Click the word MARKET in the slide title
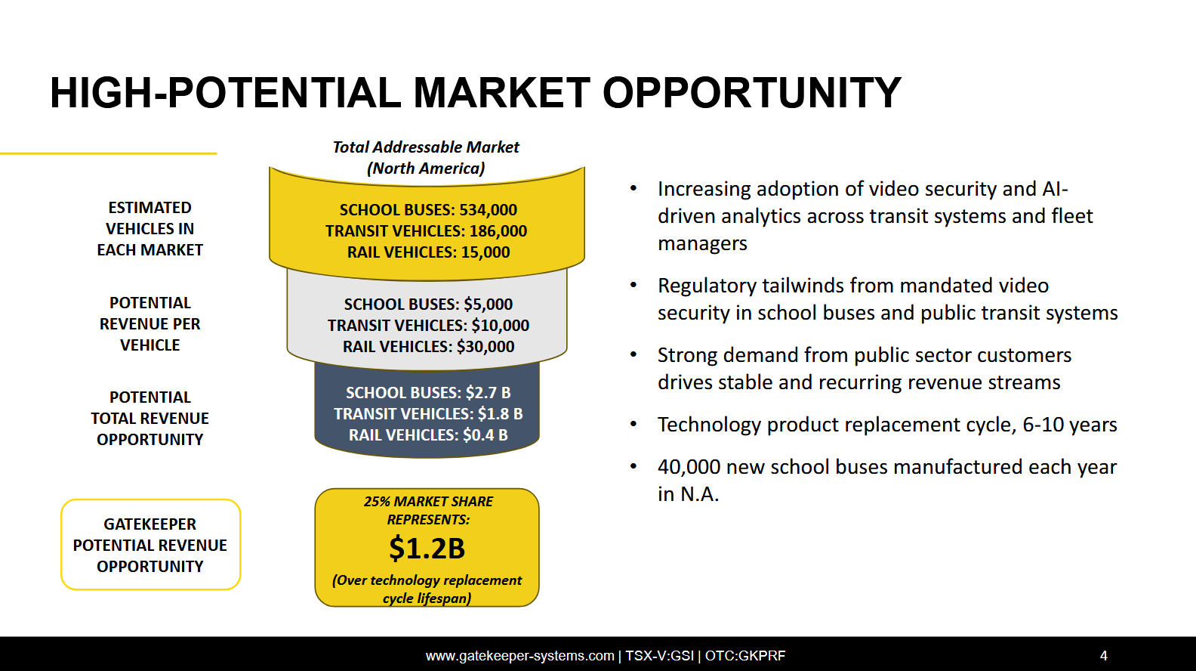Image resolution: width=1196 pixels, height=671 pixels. pos(502,93)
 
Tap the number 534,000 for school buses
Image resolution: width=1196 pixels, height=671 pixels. pos(488,210)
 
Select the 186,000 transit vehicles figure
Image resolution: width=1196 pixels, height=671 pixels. pos(498,230)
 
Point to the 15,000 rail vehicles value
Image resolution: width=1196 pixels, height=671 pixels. pos(485,252)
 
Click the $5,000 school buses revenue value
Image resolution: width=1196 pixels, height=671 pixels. pos(488,304)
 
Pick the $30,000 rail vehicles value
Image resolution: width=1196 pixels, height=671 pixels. pos(485,347)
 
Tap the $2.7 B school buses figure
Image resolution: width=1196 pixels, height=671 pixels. pos(488,393)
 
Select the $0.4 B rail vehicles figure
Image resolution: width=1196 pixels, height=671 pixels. pos(485,435)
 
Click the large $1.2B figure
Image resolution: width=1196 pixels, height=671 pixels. pos(427,548)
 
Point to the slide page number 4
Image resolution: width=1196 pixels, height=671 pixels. pos(1104,655)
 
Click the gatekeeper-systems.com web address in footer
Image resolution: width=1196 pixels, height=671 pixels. pos(519,655)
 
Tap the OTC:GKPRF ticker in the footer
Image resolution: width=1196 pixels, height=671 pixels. pos(745,655)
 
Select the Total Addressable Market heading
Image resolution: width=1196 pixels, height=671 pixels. pos(426,147)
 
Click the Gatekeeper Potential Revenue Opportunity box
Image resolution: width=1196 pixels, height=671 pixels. pos(150,545)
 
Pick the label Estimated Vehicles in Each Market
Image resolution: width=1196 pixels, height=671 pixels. pos(150,229)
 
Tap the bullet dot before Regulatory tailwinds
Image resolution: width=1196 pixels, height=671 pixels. pos(633,285)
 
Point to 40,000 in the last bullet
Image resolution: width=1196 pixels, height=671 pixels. pos(689,467)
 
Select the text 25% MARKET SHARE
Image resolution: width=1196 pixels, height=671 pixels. pos(428,502)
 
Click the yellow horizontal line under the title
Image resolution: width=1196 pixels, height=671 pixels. pos(109,154)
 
